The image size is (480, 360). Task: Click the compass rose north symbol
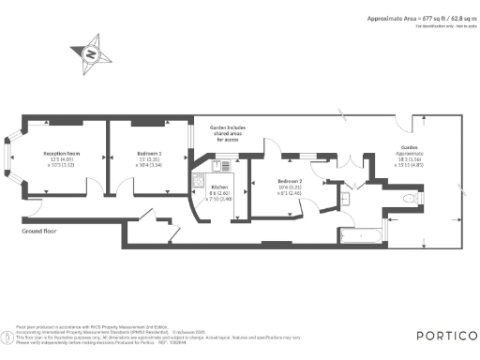click(x=91, y=52)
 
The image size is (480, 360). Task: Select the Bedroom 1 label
click(x=148, y=152)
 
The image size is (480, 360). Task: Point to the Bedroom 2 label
click(x=291, y=180)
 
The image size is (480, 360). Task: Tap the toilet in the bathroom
click(x=408, y=200)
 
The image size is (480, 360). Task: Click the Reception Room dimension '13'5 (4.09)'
click(x=61, y=158)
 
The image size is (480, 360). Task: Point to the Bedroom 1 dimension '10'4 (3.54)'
click(x=148, y=165)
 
